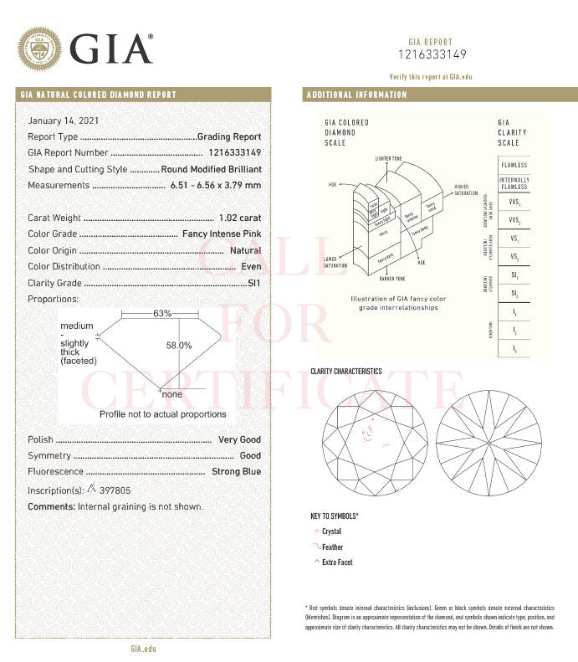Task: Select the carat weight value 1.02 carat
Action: coord(239,218)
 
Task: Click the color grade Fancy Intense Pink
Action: coord(222,234)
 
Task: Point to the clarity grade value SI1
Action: coord(254,283)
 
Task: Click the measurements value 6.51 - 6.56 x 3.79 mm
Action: coord(215,185)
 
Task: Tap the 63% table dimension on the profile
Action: coord(162,314)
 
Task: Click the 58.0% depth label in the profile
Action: coord(178,345)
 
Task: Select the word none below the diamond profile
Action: coord(172,394)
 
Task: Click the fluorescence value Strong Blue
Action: coord(237,472)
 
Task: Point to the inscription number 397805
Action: coord(115,490)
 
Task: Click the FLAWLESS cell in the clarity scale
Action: coord(514,165)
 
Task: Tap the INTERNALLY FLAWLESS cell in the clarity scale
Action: coord(514,183)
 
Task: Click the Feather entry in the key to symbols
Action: coord(332,547)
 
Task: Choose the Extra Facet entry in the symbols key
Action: coord(337,562)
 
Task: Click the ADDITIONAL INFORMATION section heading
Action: coord(357,95)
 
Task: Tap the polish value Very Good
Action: coord(239,439)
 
